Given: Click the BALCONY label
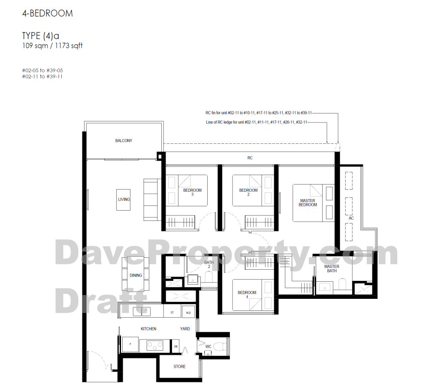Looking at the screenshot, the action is tap(124, 141).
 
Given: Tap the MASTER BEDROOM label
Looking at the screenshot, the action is tap(308, 202).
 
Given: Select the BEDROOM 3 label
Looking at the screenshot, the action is tap(192, 192).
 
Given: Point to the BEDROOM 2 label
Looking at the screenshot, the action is tap(248, 192).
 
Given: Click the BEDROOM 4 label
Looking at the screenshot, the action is tap(247, 295).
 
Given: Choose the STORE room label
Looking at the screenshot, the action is tap(179, 366).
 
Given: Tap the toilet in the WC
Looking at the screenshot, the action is tap(219, 347).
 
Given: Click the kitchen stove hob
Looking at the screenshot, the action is tap(154, 346).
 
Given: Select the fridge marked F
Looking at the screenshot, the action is tap(130, 344).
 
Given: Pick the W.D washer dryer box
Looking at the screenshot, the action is tap(188, 313).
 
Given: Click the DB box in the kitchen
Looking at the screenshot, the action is tap(175, 346).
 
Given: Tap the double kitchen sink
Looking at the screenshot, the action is tap(142, 311).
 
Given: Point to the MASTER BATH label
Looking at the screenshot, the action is tap(332, 268).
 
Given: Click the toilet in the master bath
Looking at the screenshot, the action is tap(342, 284).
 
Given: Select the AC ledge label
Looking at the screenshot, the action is tap(351, 218).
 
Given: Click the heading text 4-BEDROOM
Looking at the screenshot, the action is tap(48, 13).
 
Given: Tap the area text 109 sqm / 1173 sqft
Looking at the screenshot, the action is tap(52, 46).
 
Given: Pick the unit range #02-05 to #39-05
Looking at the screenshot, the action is tap(42, 71).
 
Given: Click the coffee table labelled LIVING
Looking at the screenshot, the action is tap(124, 199).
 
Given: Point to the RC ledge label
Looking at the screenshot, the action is tap(250, 158).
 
